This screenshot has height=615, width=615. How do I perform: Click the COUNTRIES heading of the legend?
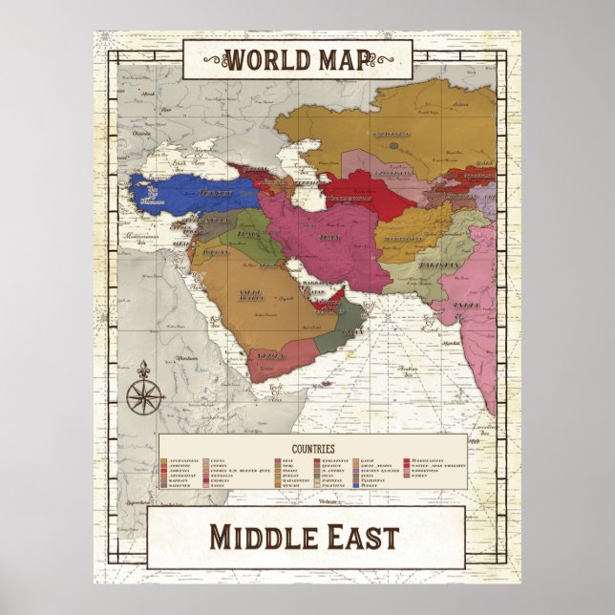click(x=310, y=447)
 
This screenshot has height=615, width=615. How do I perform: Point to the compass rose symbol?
click(x=146, y=392)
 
